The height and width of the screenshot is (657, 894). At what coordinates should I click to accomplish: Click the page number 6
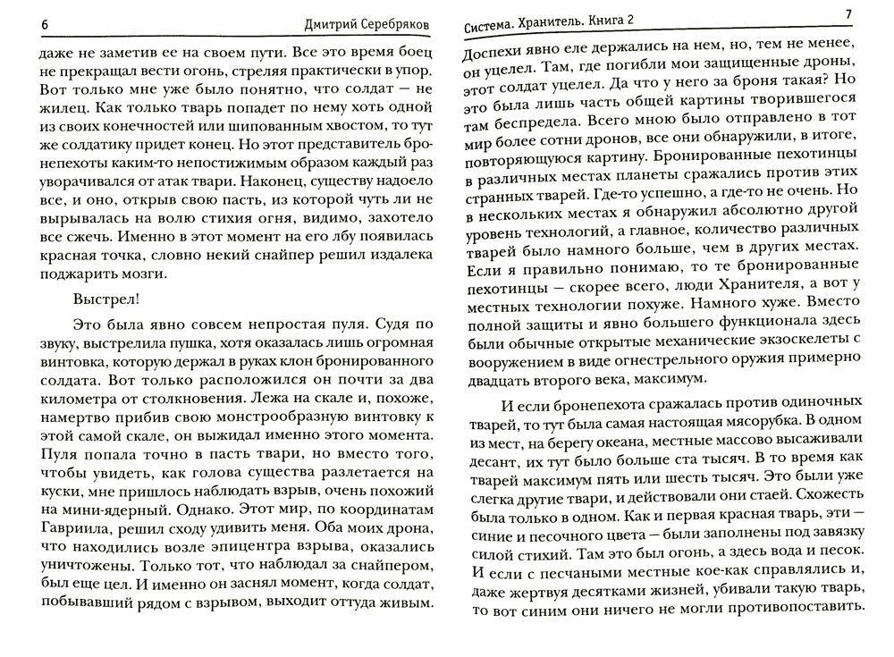pyautogui.click(x=45, y=24)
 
